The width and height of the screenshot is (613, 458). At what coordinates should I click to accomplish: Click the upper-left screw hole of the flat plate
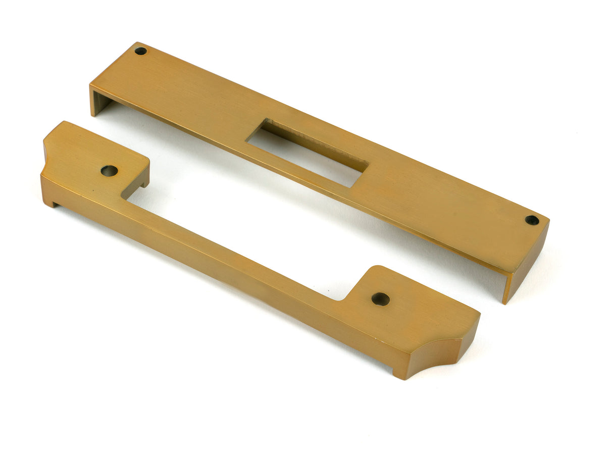coord(140,50)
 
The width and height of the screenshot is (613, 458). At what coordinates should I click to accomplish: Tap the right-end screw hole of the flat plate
coord(532,220)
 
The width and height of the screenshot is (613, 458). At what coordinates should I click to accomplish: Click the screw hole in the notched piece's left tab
coord(109,171)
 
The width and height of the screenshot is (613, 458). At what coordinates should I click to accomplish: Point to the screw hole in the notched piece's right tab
coord(380,299)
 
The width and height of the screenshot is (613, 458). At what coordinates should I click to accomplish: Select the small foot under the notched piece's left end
coord(51,202)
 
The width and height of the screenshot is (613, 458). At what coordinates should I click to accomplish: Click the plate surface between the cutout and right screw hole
coord(444,202)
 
